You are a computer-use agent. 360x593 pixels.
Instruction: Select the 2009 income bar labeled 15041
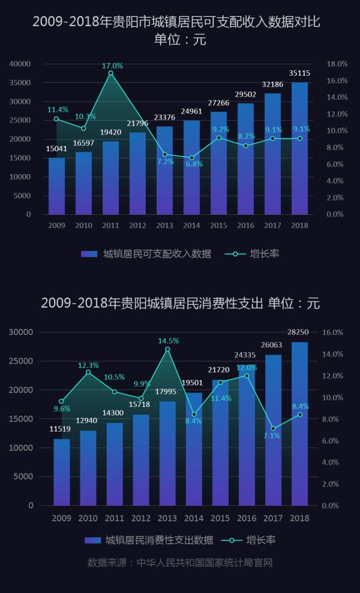[x=56, y=186]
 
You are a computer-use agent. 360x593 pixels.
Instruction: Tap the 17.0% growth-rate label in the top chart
[x=112, y=65]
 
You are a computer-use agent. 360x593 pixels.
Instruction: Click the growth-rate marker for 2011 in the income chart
[x=110, y=73]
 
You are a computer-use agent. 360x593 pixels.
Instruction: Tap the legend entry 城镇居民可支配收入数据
[x=157, y=254]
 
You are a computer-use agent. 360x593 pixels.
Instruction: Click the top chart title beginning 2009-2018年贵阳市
[x=180, y=22]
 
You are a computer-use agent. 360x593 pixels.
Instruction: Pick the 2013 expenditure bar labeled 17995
[x=167, y=453]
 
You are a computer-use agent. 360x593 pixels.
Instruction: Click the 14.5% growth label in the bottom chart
[x=169, y=341]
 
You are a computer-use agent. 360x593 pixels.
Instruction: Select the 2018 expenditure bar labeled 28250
[x=299, y=424]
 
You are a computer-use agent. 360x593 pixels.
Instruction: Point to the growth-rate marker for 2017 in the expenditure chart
[x=273, y=429]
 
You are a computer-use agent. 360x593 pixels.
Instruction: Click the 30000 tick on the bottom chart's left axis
[x=22, y=332]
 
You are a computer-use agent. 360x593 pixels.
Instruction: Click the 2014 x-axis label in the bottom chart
[x=194, y=518]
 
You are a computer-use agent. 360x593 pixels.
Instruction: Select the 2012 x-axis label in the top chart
[x=137, y=225]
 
